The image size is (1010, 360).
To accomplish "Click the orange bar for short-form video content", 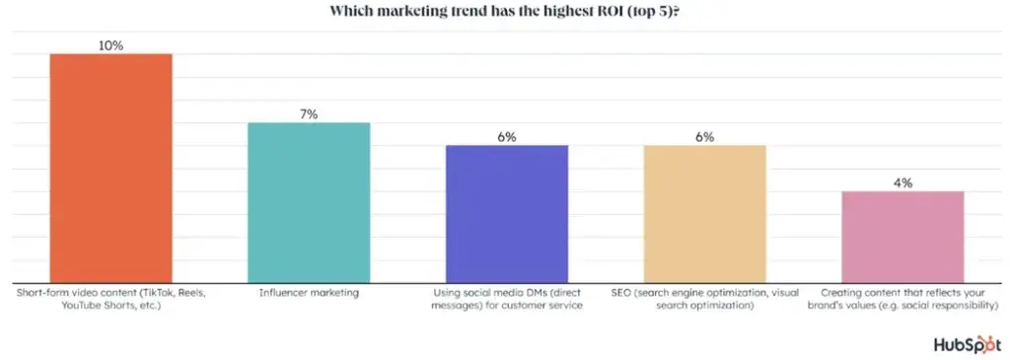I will click(x=110, y=169).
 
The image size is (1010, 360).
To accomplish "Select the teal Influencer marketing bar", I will click(x=308, y=203).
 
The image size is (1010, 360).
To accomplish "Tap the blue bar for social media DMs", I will click(x=507, y=215).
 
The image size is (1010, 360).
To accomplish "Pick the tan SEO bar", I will click(x=704, y=215).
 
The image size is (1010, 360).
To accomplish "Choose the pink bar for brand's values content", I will click(x=902, y=238).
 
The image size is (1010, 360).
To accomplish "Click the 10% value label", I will click(x=110, y=44).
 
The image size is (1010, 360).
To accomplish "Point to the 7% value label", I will click(x=308, y=114).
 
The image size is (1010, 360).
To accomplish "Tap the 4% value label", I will click(x=902, y=182).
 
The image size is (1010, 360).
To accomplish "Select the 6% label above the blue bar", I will click(x=507, y=137).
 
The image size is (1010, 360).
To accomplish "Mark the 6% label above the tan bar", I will click(x=704, y=137).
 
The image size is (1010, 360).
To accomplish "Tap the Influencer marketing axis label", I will click(x=308, y=293).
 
